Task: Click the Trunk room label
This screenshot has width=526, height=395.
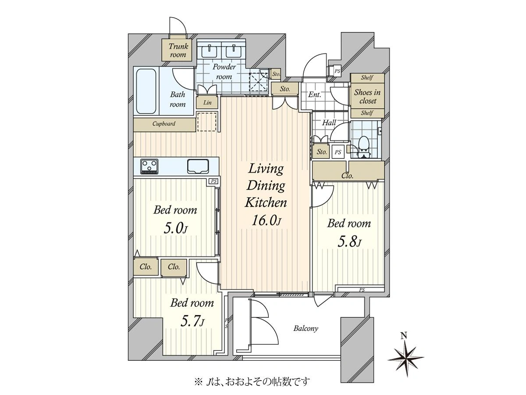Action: (x=178, y=50)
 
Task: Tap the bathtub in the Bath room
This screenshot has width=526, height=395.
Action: (x=146, y=91)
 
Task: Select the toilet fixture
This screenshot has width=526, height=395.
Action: (x=363, y=147)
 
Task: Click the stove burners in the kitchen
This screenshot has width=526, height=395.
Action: (x=149, y=166)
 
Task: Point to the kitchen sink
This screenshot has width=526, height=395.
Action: (x=198, y=166)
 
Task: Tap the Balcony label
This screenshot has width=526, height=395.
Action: (x=306, y=328)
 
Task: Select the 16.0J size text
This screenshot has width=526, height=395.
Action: (x=266, y=221)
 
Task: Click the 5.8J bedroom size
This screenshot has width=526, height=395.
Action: (x=349, y=242)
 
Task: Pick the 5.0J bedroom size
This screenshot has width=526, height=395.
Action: (x=175, y=228)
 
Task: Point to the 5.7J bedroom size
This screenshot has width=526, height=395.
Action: (x=192, y=321)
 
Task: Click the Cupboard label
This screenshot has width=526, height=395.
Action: (x=164, y=124)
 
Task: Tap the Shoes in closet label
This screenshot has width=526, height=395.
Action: (x=367, y=97)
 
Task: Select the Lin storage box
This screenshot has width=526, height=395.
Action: (x=207, y=103)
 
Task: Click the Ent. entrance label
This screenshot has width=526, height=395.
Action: (x=314, y=95)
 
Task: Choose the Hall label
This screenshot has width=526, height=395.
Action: (x=329, y=123)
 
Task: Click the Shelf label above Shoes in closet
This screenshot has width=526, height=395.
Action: (x=367, y=78)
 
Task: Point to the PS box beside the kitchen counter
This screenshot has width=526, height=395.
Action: (x=214, y=181)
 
